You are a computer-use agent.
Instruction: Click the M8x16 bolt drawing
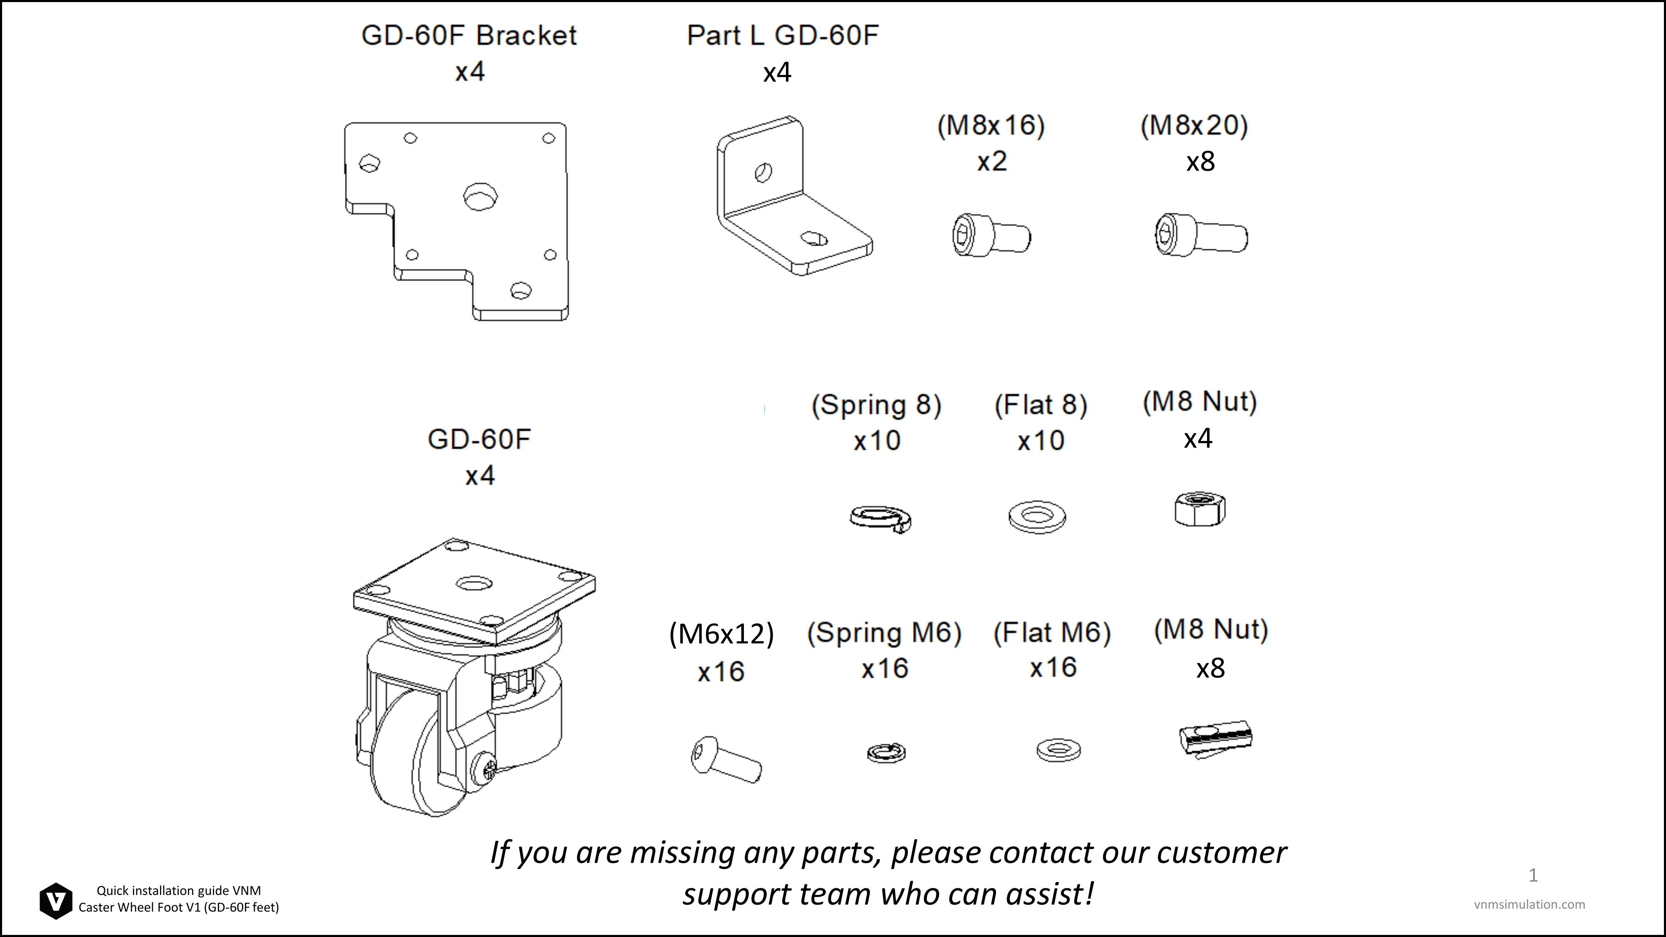[x=991, y=236]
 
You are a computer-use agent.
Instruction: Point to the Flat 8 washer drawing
[x=1037, y=517]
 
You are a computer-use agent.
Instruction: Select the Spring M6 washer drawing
[x=886, y=753]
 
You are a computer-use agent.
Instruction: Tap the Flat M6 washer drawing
[x=1058, y=750]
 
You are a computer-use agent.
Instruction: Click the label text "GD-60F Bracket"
[x=469, y=35]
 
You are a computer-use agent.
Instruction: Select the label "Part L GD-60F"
[x=783, y=35]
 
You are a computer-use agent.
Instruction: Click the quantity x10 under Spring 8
[x=877, y=441]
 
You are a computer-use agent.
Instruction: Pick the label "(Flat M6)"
[x=1052, y=633]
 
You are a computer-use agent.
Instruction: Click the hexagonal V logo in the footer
[x=56, y=901]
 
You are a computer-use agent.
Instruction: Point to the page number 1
[x=1533, y=875]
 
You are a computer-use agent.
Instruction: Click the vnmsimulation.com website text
[x=1529, y=905]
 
